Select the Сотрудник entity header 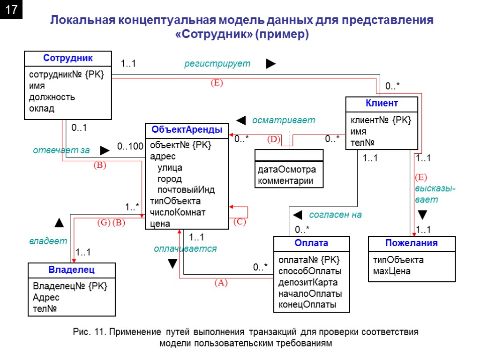(68, 58)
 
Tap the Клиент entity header (381, 103)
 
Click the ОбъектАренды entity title (187, 130)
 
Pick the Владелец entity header (71, 270)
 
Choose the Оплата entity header (311, 243)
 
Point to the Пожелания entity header (411, 243)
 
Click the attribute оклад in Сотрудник (42, 109)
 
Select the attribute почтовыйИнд (186, 190)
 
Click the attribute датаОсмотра (286, 170)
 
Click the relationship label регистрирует (217, 64)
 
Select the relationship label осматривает (284, 120)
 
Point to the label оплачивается (185, 249)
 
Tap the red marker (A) (220, 283)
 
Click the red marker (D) (273, 140)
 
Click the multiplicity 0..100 (130, 146)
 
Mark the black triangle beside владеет (59, 222)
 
